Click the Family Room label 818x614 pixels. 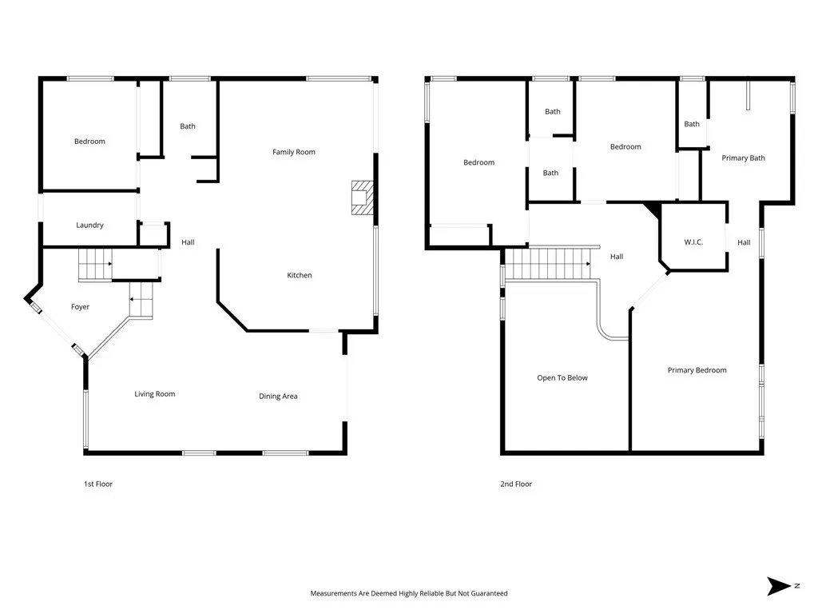(294, 152)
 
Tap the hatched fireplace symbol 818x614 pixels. (362, 197)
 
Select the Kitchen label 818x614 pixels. (300, 275)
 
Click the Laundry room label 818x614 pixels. (89, 225)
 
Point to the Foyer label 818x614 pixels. (80, 307)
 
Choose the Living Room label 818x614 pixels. (154, 394)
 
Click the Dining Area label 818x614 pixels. (278, 397)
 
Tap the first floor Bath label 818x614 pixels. (188, 126)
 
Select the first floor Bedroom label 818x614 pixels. (89, 142)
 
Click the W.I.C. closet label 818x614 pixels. (693, 242)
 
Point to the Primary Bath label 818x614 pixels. (743, 158)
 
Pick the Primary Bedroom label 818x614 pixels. (697, 370)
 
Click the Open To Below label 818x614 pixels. (562, 378)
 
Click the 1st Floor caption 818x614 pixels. (98, 484)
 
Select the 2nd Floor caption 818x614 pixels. (516, 484)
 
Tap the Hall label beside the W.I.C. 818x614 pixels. (744, 243)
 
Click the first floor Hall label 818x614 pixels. (188, 242)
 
